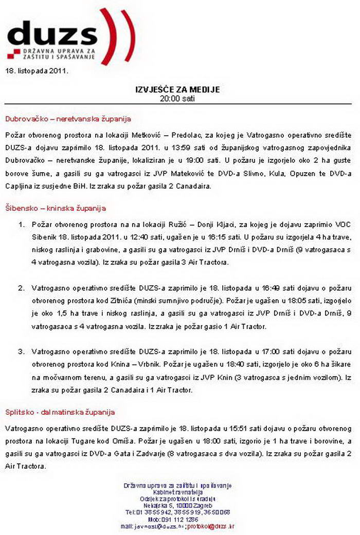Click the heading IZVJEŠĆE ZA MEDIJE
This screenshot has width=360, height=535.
coord(177,89)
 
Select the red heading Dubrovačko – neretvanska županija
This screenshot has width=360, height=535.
coord(68,119)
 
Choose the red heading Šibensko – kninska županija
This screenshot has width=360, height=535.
coord(56,208)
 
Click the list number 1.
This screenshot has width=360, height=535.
coord(21,225)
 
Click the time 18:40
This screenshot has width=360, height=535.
coord(229,364)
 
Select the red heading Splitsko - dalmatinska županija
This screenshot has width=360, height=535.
coord(60,412)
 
